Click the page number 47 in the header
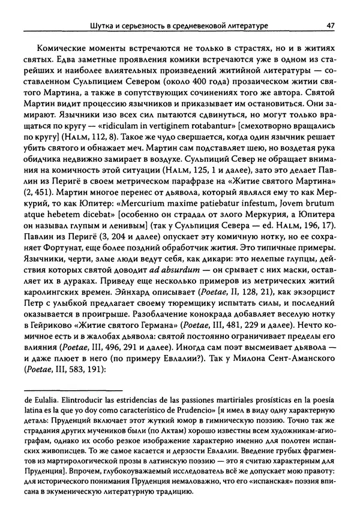pyautogui.click(x=331, y=25)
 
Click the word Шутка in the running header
pyautogui.click(x=101, y=25)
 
